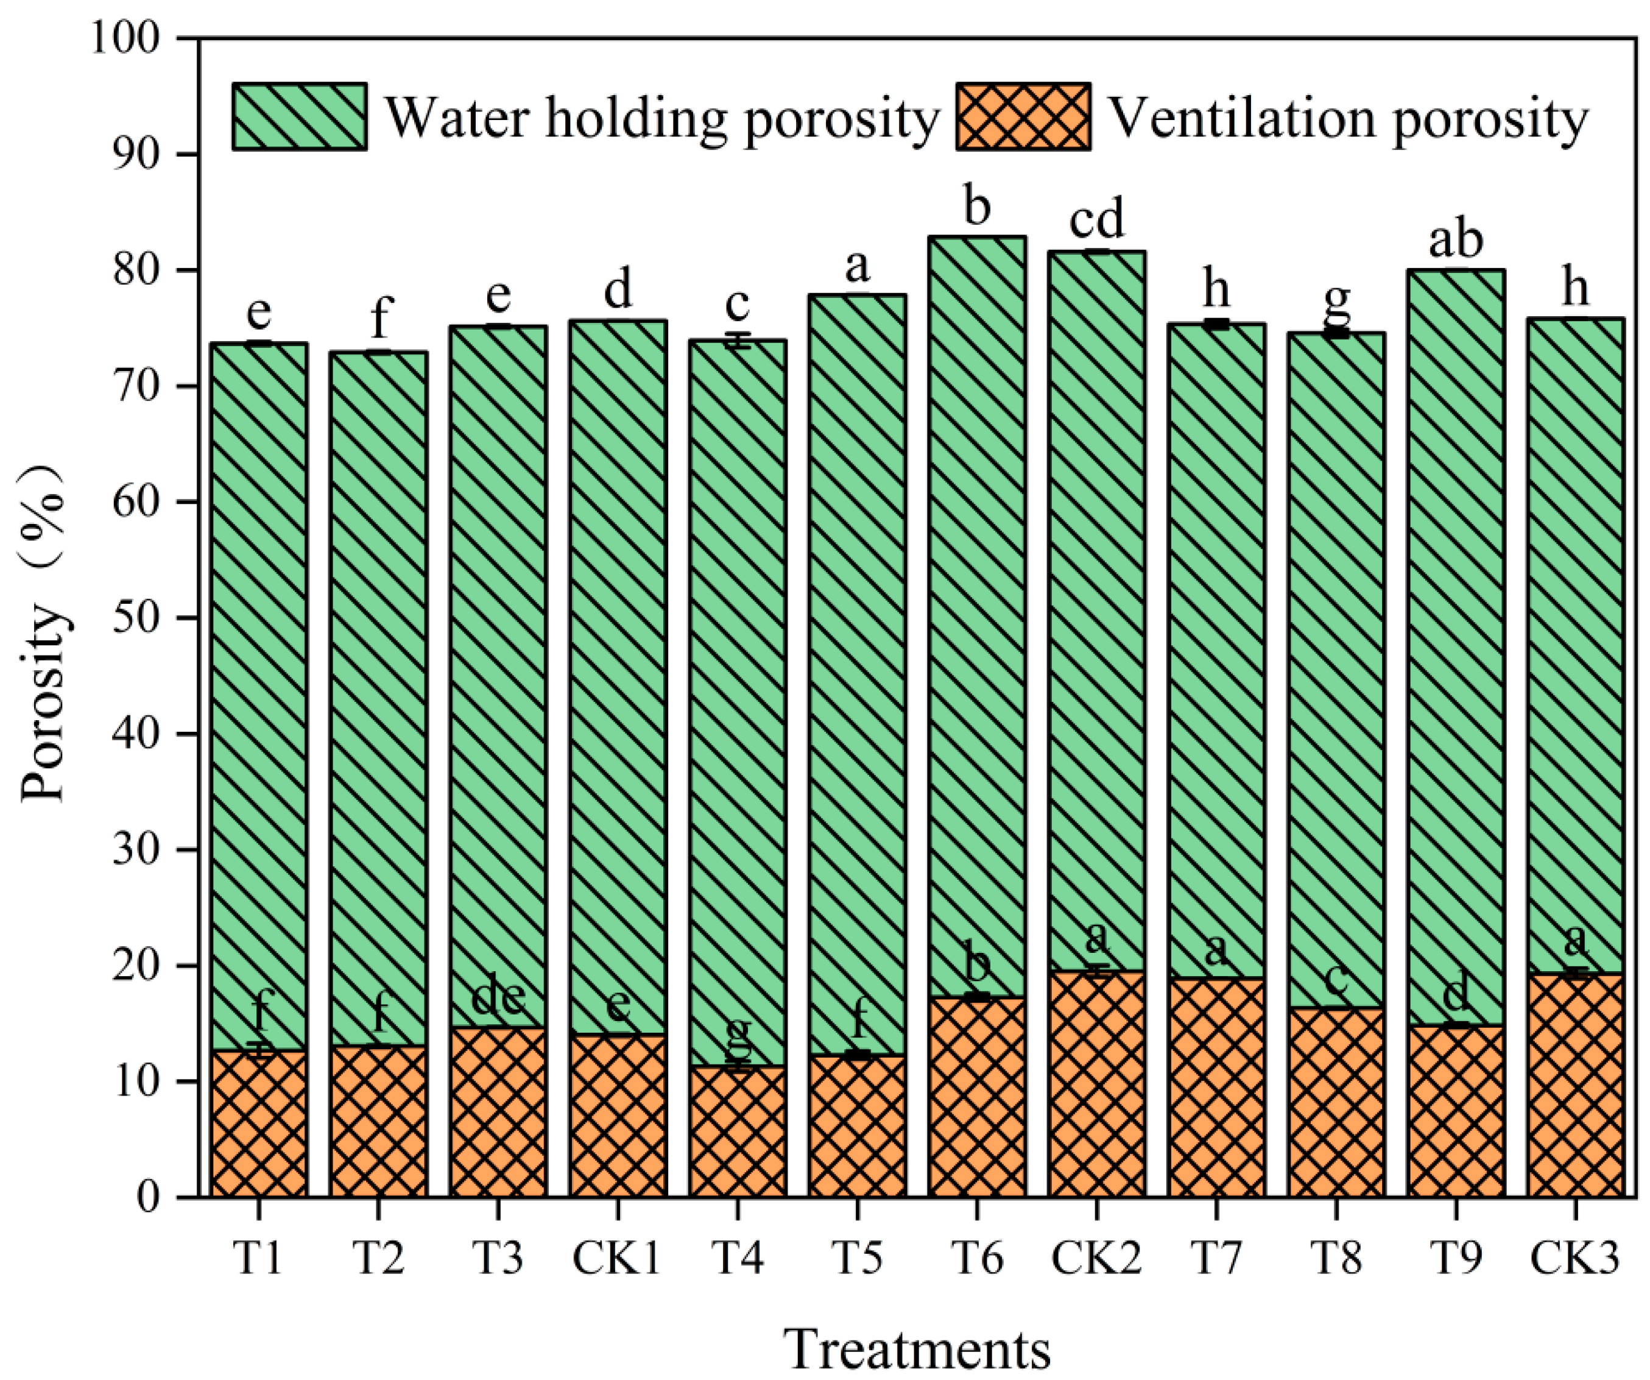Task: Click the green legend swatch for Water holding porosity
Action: click(299, 116)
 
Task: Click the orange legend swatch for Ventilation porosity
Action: click(1023, 116)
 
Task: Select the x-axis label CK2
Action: click(1096, 1258)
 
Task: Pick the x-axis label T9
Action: click(1456, 1258)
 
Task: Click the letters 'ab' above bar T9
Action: click(1456, 241)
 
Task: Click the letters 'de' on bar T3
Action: click(498, 999)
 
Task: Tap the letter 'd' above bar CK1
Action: click(618, 290)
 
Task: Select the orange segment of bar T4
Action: click(737, 1131)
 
